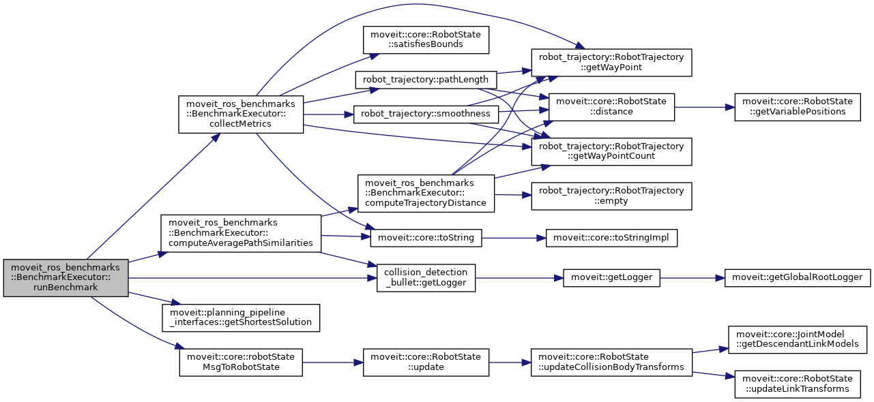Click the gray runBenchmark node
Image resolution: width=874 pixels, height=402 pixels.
point(65,278)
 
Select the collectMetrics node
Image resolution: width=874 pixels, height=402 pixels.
point(240,114)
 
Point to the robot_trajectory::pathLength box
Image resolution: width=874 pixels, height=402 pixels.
point(426,80)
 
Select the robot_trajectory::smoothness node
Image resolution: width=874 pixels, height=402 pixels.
point(426,114)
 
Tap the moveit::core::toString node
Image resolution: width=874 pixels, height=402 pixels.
point(426,238)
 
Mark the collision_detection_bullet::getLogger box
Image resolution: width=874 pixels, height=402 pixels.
point(426,278)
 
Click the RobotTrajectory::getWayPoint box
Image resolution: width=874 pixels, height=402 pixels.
point(612,62)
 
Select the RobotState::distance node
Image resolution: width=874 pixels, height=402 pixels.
point(612,107)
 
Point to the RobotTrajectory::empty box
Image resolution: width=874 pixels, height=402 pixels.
point(612,196)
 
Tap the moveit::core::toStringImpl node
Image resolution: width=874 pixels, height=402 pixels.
point(612,238)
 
